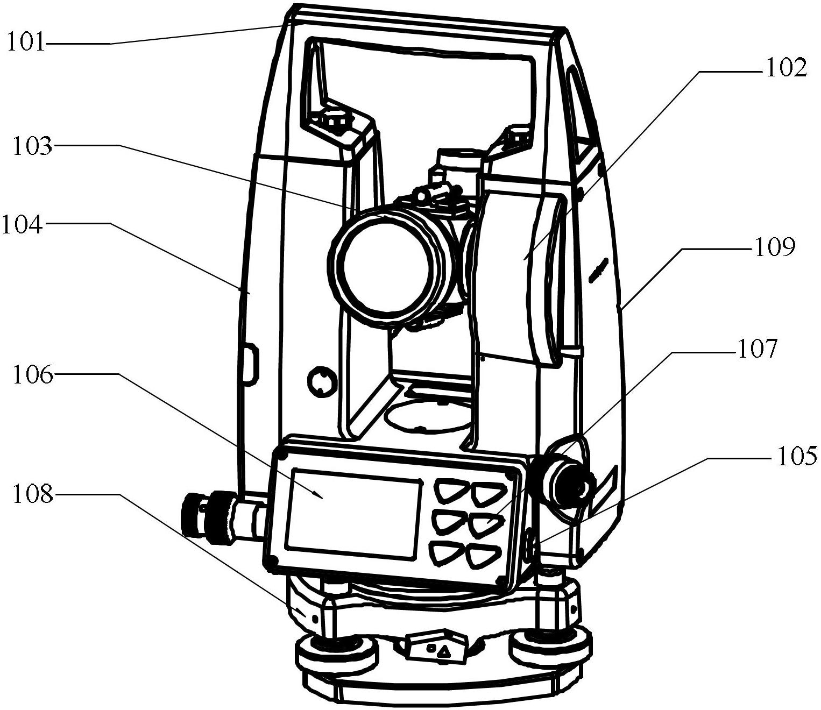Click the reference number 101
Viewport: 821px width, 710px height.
26,43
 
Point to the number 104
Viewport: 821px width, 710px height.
22,224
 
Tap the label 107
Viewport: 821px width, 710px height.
758,350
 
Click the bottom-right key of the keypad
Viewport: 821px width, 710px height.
483,558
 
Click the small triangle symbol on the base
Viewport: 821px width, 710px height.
444,651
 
